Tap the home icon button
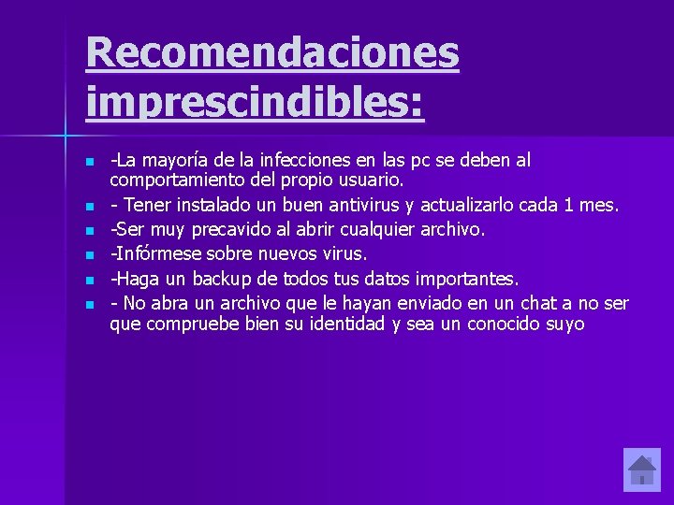coord(641,469)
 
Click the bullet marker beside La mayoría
coord(89,162)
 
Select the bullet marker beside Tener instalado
coord(89,205)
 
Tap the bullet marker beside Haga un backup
coord(89,280)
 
